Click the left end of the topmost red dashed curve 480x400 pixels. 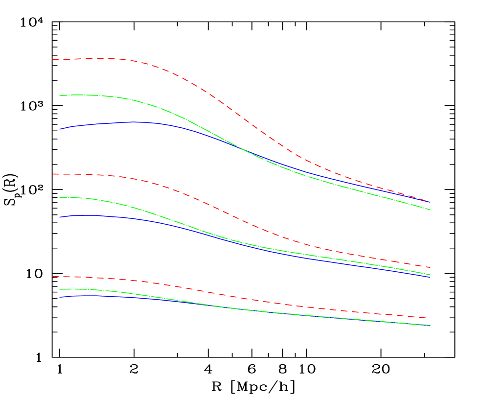pos(53,60)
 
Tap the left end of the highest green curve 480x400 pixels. pos(60,95)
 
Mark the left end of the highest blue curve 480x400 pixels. pos(60,129)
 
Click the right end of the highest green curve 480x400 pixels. pos(430,210)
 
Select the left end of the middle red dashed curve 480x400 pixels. pos(53,174)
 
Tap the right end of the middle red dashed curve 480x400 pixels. pos(430,267)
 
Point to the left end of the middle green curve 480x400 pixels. pos(60,197)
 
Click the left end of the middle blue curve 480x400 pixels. pos(60,217)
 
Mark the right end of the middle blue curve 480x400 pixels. pos(430,277)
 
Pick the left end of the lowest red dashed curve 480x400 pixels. pos(53,276)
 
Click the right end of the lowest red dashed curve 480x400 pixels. pos(430,318)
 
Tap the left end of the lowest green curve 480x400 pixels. pos(60,289)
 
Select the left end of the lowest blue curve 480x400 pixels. pos(60,297)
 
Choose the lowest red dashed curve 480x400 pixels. pos(245,298)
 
